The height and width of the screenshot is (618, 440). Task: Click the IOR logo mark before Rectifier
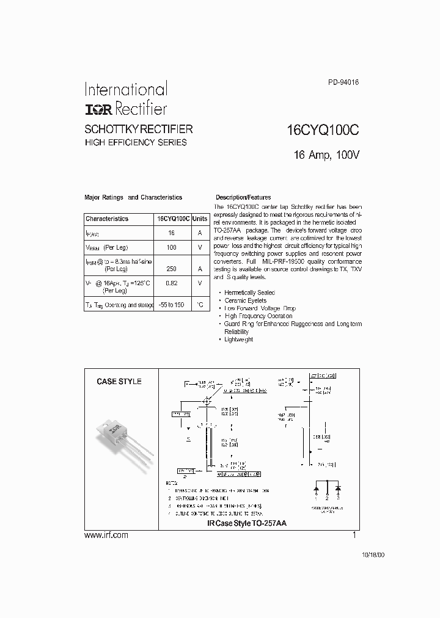pos(97,109)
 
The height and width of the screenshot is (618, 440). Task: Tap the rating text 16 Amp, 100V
pos(327,155)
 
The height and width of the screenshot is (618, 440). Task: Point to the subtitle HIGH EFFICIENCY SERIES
pos(135,143)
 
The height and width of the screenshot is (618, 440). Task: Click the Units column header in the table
pos(200,219)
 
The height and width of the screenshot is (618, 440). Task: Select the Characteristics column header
pos(107,219)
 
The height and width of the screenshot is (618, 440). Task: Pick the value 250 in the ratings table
pos(171,269)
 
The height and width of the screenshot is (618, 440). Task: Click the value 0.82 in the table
pos(171,283)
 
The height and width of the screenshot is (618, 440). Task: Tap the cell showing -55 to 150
pos(171,304)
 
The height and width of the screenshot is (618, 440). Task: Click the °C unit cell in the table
pos(200,304)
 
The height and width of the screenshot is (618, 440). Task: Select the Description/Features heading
pos(243,198)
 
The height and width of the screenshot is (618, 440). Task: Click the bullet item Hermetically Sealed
pos(249,293)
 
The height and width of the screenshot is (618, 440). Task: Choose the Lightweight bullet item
pos(238,339)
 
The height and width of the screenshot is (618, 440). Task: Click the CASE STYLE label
pos(119,382)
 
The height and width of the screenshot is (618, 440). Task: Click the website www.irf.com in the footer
pos(106,535)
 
